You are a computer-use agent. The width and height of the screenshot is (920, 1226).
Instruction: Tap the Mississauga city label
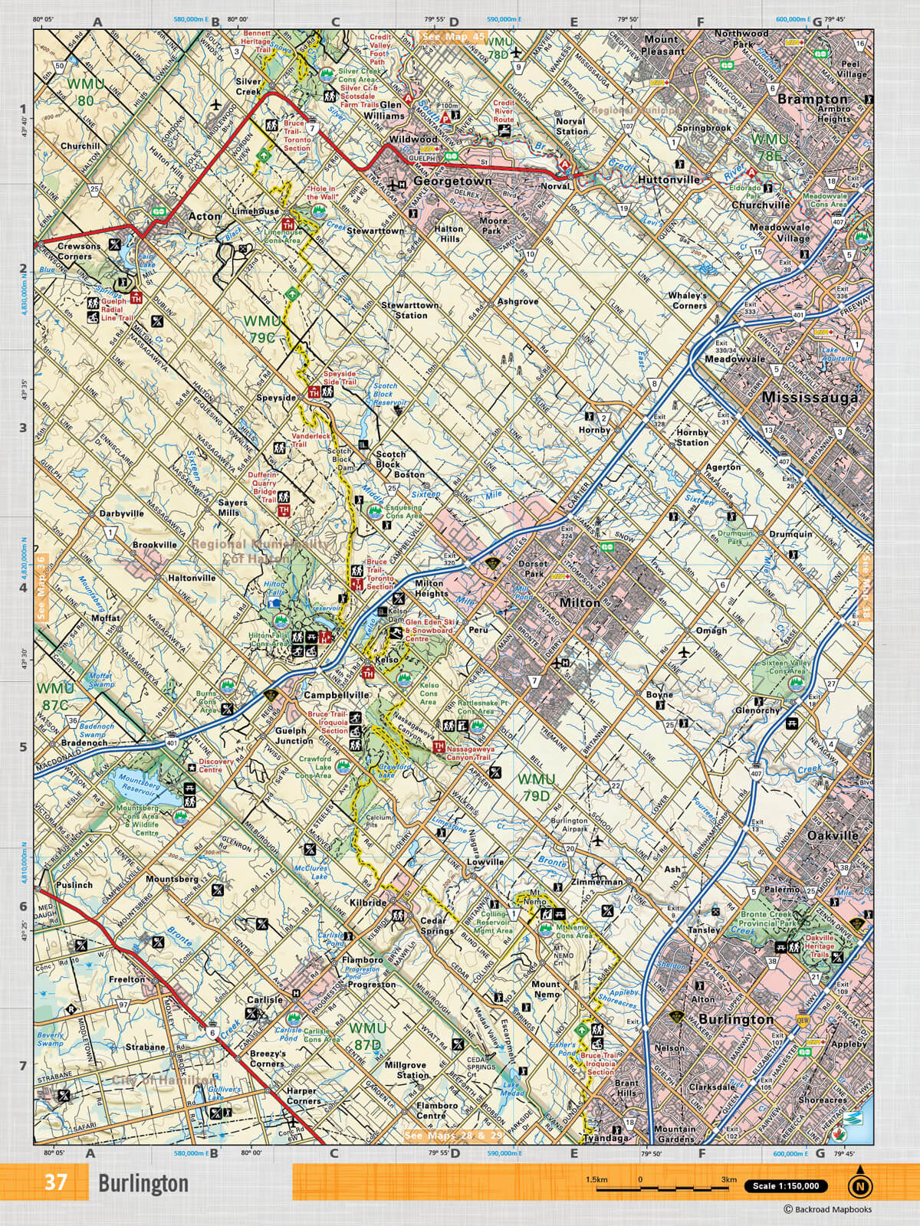coord(810,398)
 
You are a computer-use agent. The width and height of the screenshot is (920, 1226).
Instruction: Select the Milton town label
coord(580,603)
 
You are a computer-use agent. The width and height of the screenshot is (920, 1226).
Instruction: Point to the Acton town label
coord(205,216)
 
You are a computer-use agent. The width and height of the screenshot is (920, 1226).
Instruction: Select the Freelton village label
coord(127,979)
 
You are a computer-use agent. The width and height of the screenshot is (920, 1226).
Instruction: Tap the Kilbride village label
coord(369,903)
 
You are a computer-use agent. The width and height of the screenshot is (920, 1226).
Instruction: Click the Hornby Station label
coord(692,438)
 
